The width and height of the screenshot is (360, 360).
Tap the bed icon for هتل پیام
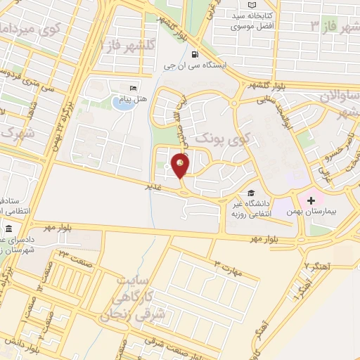[x=133, y=88]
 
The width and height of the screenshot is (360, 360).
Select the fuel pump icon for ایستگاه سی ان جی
[x=195, y=53]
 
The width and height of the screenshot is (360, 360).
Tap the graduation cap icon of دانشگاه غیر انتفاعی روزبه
[x=250, y=193]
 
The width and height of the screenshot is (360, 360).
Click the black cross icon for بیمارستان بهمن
[x=310, y=200]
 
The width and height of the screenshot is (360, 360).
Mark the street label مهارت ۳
[x=226, y=265]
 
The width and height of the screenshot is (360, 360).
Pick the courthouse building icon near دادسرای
[x=8, y=230]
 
